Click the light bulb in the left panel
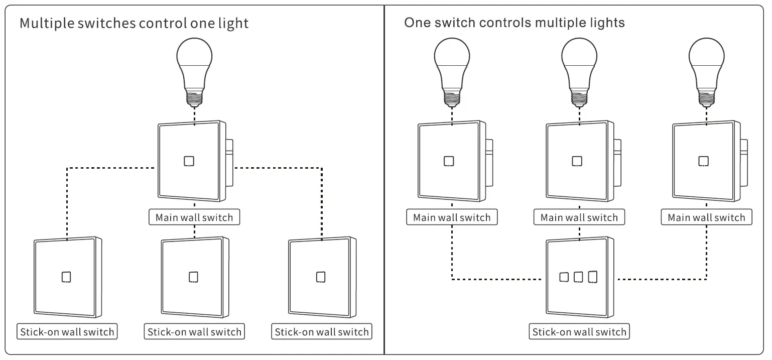point(194,65)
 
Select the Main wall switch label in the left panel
point(194,217)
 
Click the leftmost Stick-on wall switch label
point(67,332)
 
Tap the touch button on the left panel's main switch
point(189,161)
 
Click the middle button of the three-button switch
point(578,277)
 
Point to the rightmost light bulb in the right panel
point(707,65)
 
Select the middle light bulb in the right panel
point(579,65)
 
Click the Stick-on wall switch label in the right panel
point(579,332)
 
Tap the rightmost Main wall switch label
point(706,217)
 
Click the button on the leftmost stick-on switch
point(66,277)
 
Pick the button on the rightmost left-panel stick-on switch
point(321,277)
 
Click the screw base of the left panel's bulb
point(194,96)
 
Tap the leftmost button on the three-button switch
point(564,277)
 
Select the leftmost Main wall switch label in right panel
point(452,217)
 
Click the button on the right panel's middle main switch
point(577,161)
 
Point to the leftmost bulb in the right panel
point(452,65)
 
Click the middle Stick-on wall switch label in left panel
point(194,332)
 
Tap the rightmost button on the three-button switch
point(593,277)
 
